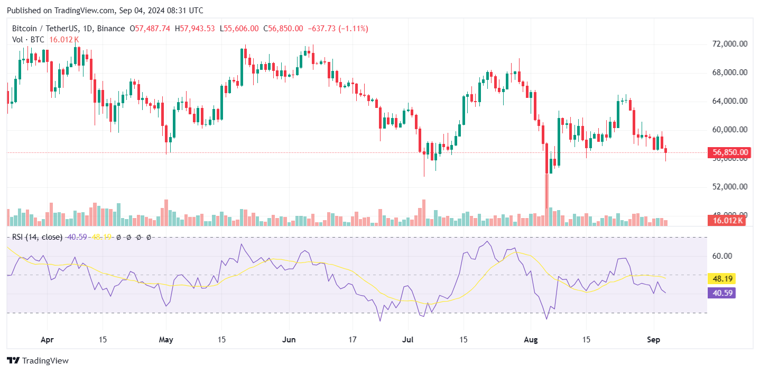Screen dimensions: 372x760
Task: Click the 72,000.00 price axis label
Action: (x=729, y=44)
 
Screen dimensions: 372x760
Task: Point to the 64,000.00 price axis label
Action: (x=729, y=101)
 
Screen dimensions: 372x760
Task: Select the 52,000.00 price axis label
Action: (x=729, y=187)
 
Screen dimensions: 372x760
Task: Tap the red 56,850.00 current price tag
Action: (x=730, y=152)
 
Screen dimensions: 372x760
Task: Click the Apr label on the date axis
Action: (x=48, y=339)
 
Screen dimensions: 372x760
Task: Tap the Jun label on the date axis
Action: (x=289, y=339)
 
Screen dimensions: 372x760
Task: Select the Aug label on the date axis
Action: (x=531, y=339)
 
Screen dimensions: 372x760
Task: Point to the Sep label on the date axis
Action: (x=653, y=339)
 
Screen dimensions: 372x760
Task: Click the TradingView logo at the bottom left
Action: (x=38, y=361)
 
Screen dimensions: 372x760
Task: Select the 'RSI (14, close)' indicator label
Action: (x=37, y=237)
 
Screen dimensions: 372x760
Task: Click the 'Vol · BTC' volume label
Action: (x=29, y=40)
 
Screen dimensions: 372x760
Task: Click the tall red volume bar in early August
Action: (x=546, y=201)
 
